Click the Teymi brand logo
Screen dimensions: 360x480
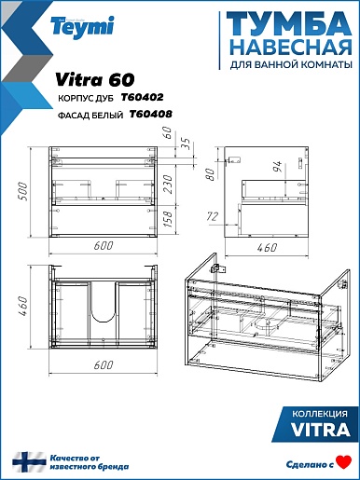coord(83,26)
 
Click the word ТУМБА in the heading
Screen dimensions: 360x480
coord(289,24)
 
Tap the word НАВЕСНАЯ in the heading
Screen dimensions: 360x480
coord(292,48)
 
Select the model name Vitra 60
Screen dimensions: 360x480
coord(95,80)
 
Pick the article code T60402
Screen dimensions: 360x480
coord(142,98)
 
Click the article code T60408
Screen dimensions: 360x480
coord(150,115)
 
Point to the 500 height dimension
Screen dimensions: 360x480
coord(23,191)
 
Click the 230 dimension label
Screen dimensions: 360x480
coord(168,185)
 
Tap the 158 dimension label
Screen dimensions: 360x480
coord(167,219)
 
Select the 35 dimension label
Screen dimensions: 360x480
coord(186,144)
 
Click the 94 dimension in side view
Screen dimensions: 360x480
coord(277,167)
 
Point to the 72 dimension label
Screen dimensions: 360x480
coord(213,216)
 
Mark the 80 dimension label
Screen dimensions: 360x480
coord(211,174)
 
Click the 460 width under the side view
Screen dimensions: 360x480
coord(267,248)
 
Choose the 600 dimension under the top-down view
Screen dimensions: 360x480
coord(104,365)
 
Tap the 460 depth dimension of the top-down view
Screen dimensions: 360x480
coord(23,306)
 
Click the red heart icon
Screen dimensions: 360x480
coord(344,462)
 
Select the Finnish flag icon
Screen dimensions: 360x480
coord(29,462)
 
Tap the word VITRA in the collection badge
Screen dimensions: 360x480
coord(321,430)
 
